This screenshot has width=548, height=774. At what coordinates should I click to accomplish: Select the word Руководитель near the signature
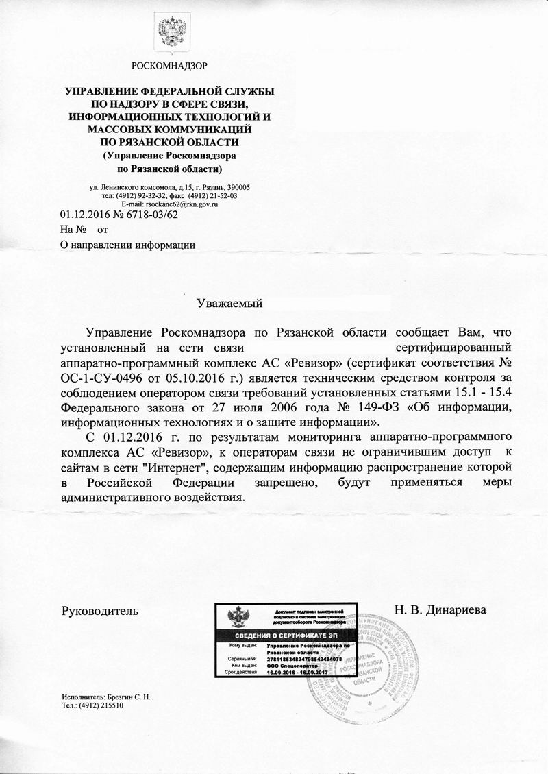(x=100, y=609)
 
